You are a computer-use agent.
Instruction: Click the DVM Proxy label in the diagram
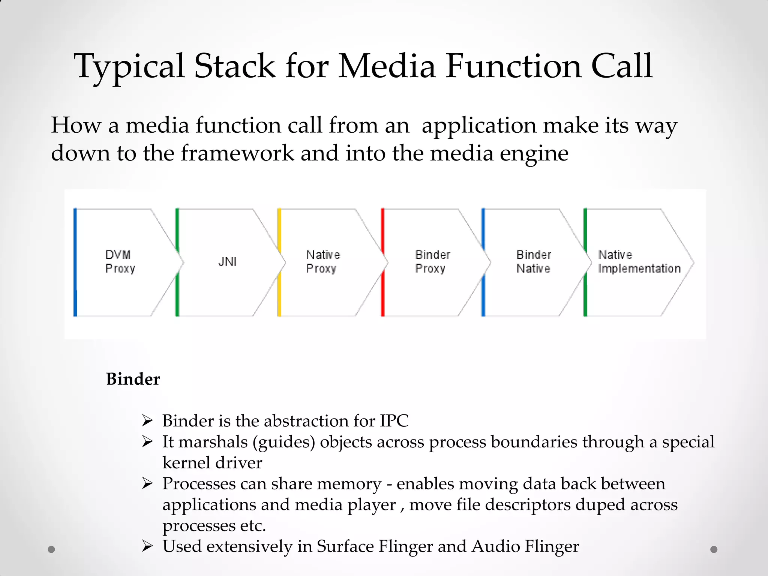point(120,262)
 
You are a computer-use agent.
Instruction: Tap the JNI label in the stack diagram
point(227,261)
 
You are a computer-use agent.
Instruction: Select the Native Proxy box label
point(323,262)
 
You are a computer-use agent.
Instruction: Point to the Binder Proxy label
point(432,262)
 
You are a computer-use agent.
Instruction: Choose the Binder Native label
point(534,262)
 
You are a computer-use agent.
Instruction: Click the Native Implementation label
point(639,262)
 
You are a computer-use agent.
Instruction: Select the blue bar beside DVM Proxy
point(75,262)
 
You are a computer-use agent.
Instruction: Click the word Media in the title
point(387,66)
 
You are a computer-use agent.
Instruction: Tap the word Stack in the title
point(235,66)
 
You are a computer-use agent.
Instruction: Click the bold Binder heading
point(133,379)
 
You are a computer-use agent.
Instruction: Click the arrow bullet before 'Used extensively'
point(147,546)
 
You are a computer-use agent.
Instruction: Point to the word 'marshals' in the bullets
point(213,442)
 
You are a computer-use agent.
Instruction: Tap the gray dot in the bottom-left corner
point(52,549)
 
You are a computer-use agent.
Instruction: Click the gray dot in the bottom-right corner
point(714,549)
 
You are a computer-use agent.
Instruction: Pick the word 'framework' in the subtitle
point(237,153)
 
